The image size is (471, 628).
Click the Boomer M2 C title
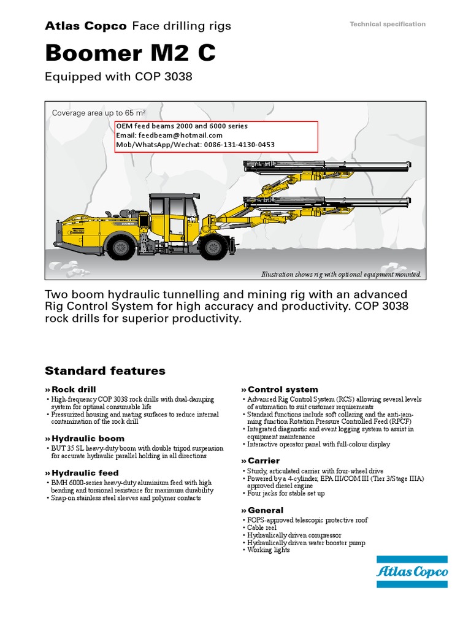click(x=130, y=53)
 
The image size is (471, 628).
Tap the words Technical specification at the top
click(x=387, y=24)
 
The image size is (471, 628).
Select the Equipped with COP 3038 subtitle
click(x=119, y=77)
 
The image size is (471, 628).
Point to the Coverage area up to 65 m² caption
click(x=99, y=113)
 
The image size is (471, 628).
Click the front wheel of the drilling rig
click(x=213, y=247)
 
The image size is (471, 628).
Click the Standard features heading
click(x=105, y=370)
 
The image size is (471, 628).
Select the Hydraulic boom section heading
click(x=88, y=438)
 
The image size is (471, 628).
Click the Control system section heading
click(x=274, y=389)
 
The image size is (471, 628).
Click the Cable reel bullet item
click(x=262, y=527)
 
